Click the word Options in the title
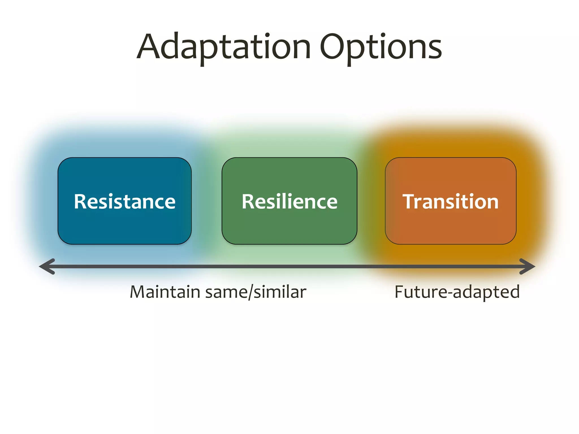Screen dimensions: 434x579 (x=381, y=47)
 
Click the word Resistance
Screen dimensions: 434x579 (x=124, y=202)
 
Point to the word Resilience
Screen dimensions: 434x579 (x=289, y=202)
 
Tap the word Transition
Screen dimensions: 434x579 (x=450, y=202)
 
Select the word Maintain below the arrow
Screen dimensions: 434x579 (x=165, y=292)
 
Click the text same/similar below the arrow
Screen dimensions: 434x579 (x=256, y=292)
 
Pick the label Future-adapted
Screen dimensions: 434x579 (x=457, y=292)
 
